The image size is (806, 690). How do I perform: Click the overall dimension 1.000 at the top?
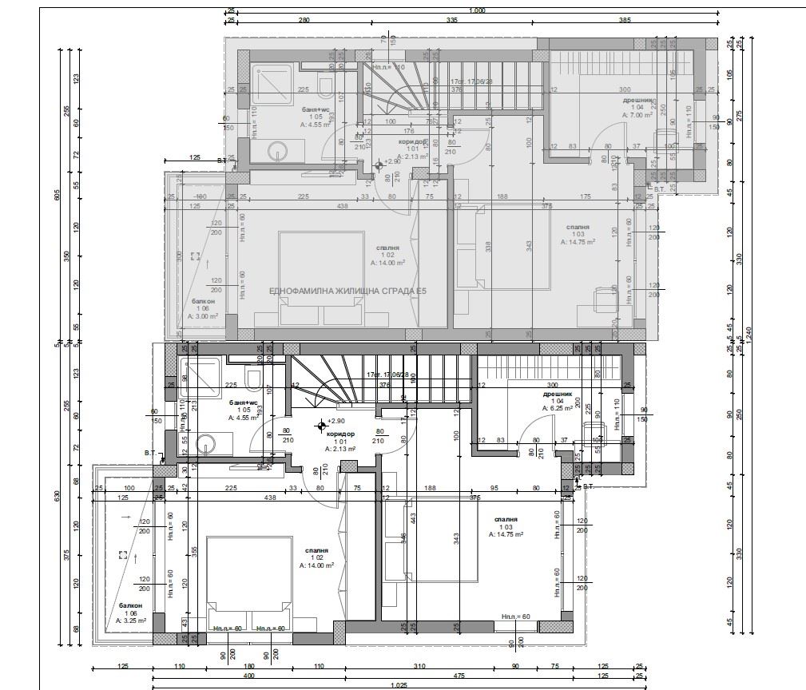pos(478,10)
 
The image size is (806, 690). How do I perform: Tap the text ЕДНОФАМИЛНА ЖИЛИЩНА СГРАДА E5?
pos(348,291)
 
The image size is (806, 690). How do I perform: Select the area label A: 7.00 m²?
pos(638,115)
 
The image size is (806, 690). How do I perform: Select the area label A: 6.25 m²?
pos(558,408)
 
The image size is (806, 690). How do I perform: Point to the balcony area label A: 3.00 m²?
pos(204,316)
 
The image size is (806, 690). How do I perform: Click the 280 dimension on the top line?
pos(304,20)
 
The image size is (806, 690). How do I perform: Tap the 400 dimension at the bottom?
pos(249,676)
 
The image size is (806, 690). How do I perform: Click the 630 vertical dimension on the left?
pos(58,495)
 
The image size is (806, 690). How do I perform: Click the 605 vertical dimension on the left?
pos(58,196)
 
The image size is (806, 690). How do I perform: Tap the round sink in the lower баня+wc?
pos(208,444)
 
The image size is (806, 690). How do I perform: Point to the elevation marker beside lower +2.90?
pos(321,425)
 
